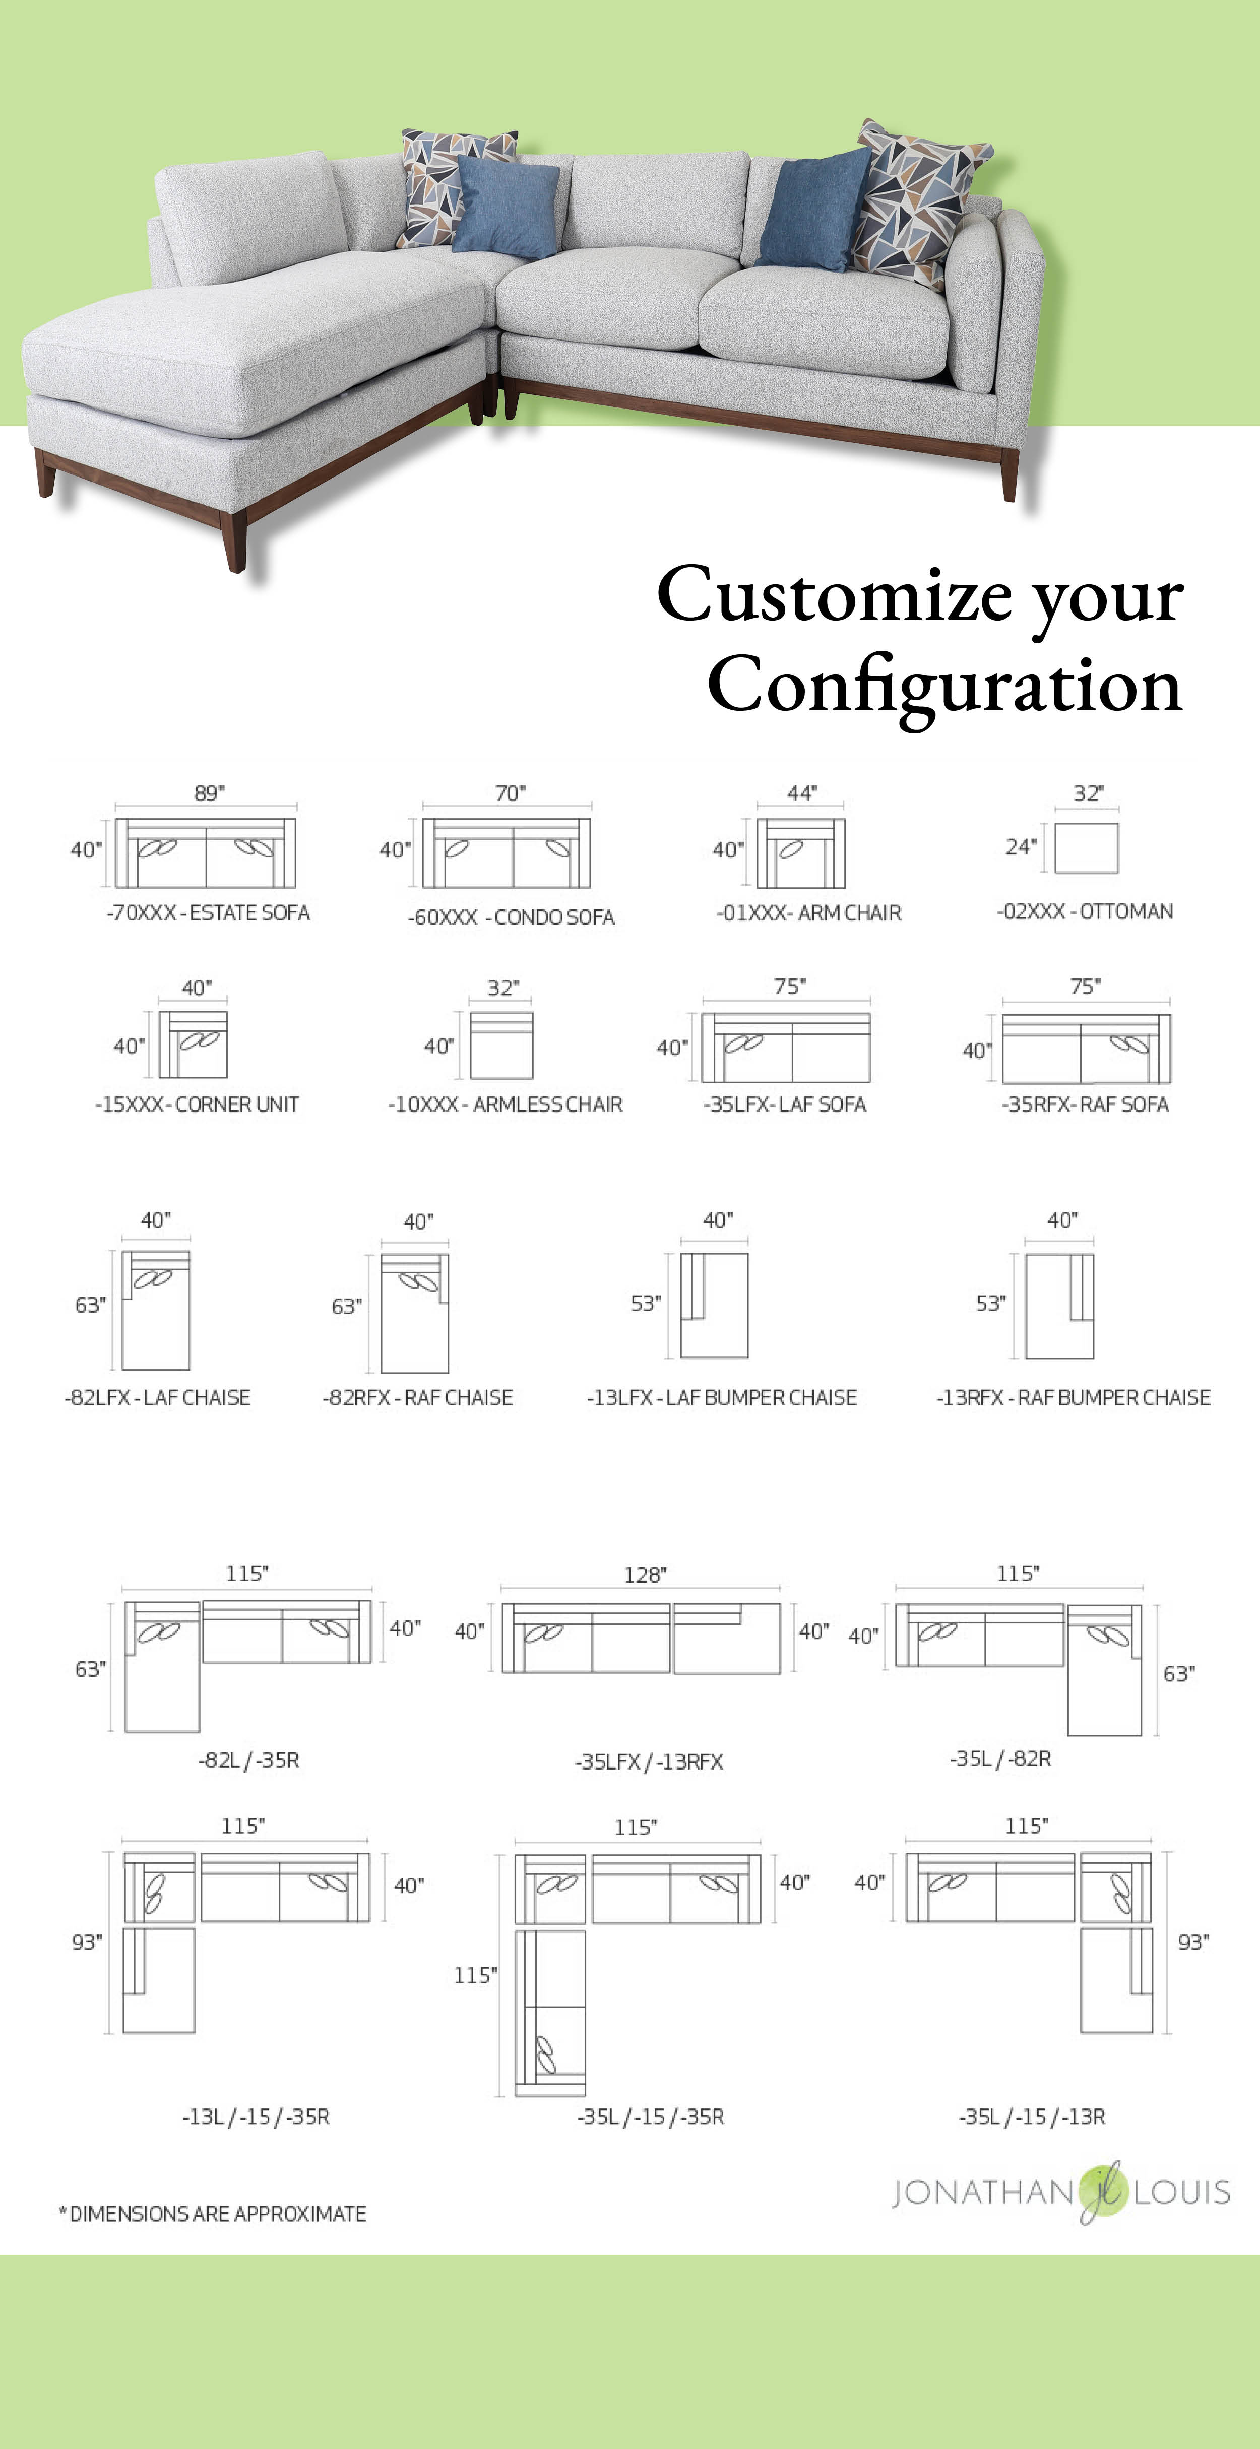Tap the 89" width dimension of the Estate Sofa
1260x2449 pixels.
tap(209, 793)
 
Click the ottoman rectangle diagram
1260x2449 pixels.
tap(1086, 848)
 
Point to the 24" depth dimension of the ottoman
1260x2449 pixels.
tap(1021, 846)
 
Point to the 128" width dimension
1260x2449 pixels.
tap(645, 1575)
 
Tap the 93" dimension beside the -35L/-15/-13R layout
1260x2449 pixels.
tap(1193, 1942)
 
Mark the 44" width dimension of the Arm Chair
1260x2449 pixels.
tap(802, 793)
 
